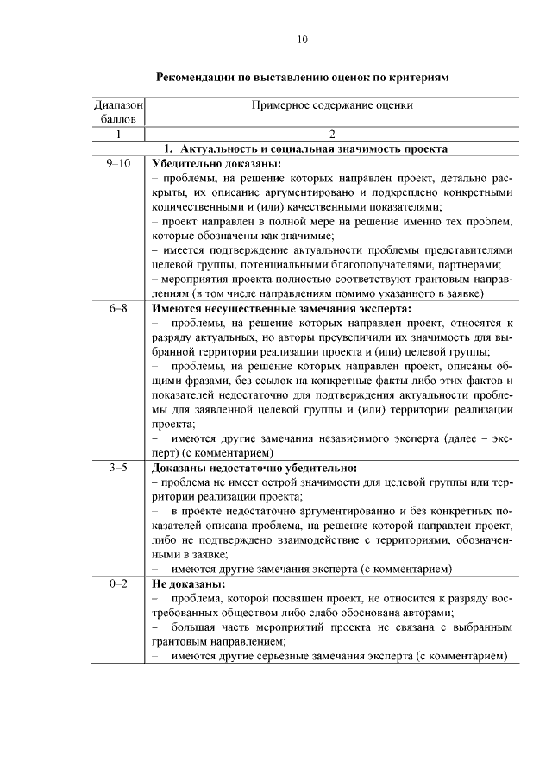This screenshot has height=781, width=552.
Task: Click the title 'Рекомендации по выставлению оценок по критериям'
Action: (302, 77)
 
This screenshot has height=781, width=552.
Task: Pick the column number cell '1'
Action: (118, 134)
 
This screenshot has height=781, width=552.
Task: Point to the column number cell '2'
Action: (332, 134)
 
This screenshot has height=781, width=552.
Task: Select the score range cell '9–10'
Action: (118, 163)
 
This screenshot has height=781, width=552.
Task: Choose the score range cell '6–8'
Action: (118, 308)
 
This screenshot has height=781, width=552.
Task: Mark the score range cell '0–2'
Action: (118, 584)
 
